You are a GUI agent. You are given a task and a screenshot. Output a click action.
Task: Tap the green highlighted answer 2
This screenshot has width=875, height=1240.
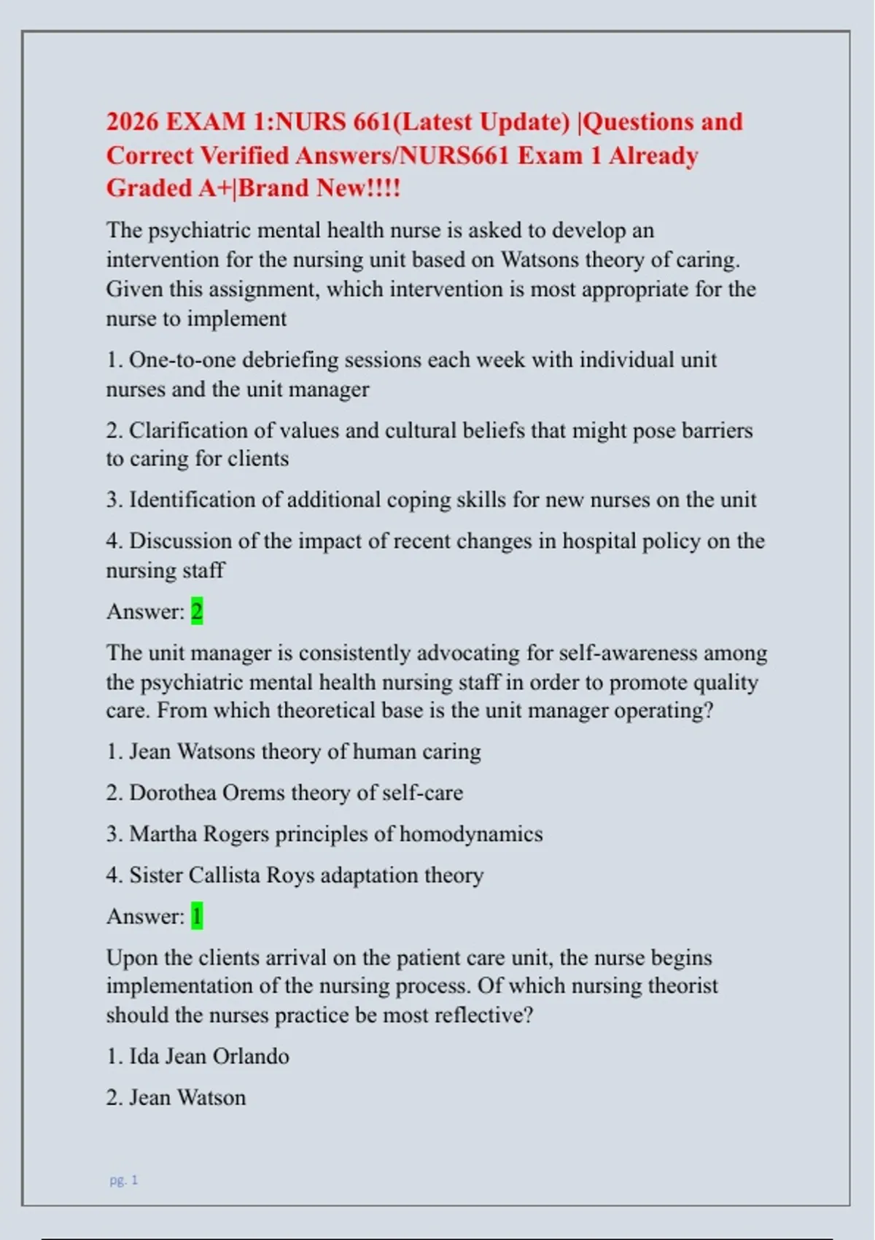coord(197,611)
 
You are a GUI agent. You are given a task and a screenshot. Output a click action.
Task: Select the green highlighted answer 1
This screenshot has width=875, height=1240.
coord(197,916)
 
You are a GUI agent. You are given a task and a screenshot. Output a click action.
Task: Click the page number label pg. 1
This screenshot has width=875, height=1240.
coord(124,1180)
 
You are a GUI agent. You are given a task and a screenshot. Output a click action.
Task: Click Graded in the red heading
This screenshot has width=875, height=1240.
coord(149,188)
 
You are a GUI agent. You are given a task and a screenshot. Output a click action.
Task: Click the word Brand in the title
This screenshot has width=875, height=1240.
coord(274,188)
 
